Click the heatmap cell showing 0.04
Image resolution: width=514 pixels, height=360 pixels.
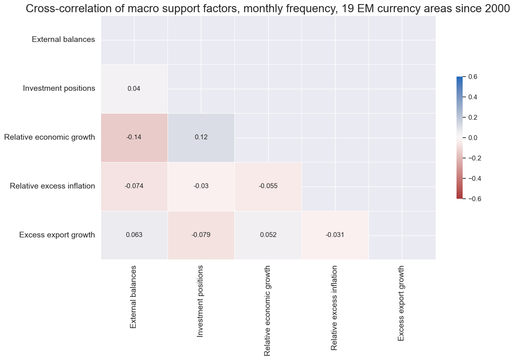pyautogui.click(x=134, y=88)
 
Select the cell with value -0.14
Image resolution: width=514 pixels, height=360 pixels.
pyautogui.click(x=134, y=137)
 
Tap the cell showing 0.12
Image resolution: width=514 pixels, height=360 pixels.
pyautogui.click(x=201, y=137)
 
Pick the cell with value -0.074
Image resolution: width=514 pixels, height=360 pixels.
pyautogui.click(x=134, y=186)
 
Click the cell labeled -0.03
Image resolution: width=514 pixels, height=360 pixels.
pyautogui.click(x=201, y=186)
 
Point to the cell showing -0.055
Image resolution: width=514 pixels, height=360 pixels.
pyautogui.click(x=268, y=186)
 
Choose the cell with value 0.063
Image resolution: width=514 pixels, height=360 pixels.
pyautogui.click(x=134, y=235)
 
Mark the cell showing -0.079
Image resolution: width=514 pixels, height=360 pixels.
pyautogui.click(x=201, y=235)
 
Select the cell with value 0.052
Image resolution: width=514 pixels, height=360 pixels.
pyautogui.click(x=268, y=235)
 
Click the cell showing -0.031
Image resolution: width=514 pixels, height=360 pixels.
pyautogui.click(x=335, y=235)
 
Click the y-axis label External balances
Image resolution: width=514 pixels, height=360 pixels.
pyautogui.click(x=63, y=40)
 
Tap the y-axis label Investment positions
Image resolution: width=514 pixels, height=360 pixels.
pyautogui.click(x=59, y=88)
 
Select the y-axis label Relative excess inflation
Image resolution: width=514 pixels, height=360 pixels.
pyautogui.click(x=52, y=186)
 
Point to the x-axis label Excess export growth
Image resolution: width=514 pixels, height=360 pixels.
pyautogui.click(x=401, y=303)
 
